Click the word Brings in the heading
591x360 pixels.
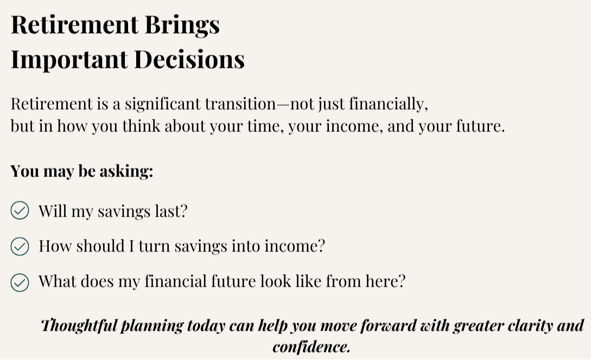coord(182,26)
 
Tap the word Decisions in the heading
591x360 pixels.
coord(189,60)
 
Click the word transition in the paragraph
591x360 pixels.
coord(240,104)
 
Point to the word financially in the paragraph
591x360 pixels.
coord(388,104)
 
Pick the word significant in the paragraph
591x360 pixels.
coord(163,104)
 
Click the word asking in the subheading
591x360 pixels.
coord(126,171)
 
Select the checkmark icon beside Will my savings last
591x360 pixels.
coord(20,210)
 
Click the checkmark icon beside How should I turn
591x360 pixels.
coord(20,246)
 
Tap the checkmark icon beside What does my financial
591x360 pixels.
coord(20,282)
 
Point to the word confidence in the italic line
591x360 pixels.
coord(312,347)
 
